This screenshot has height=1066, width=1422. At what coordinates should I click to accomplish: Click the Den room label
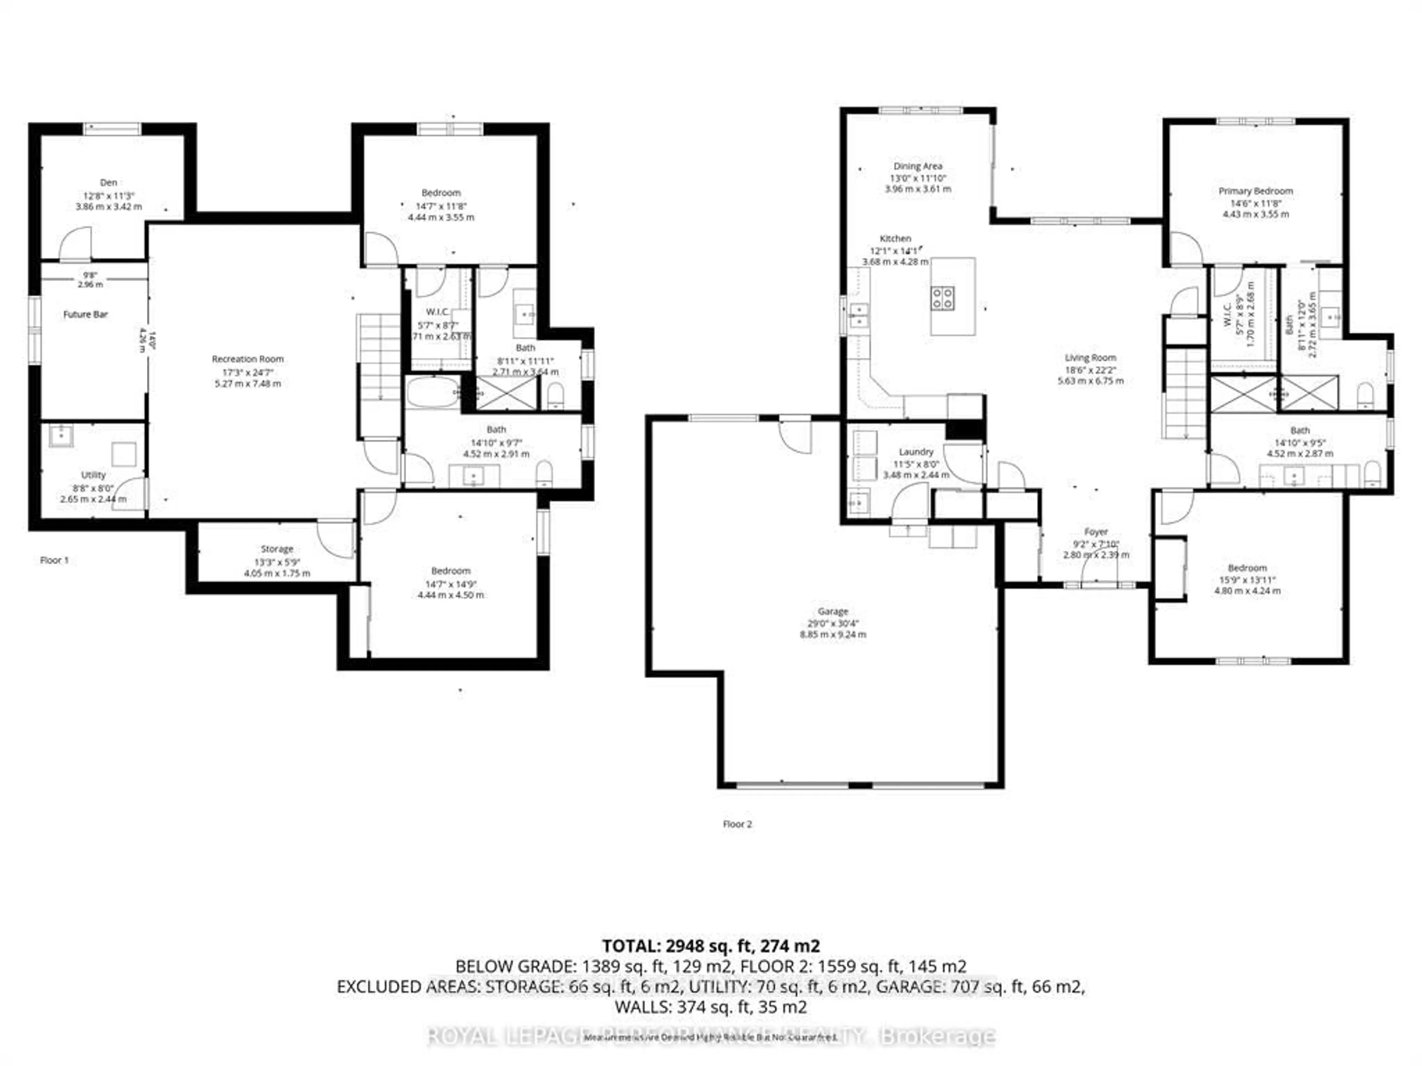pyautogui.click(x=108, y=182)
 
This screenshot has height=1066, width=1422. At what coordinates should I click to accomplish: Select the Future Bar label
pyautogui.click(x=86, y=314)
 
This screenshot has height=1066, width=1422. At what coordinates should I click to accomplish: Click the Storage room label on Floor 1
pyautogui.click(x=277, y=549)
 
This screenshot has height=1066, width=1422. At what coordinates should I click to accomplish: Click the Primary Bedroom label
pyautogui.click(x=1255, y=191)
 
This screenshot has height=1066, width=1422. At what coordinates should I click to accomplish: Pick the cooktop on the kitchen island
pyautogui.click(x=943, y=298)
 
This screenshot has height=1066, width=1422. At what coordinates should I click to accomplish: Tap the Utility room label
pyautogui.click(x=93, y=475)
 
